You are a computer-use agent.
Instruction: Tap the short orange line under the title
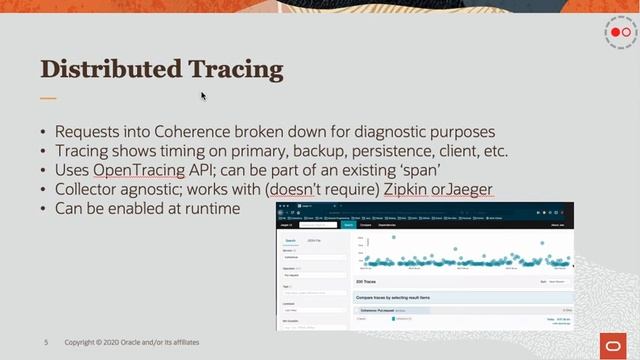[48, 98]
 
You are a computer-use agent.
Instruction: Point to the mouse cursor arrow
[203, 96]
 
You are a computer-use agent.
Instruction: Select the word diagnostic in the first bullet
[376, 132]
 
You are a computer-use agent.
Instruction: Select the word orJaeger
[464, 189]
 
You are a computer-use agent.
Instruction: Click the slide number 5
[46, 342]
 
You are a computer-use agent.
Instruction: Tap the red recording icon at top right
[621, 33]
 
